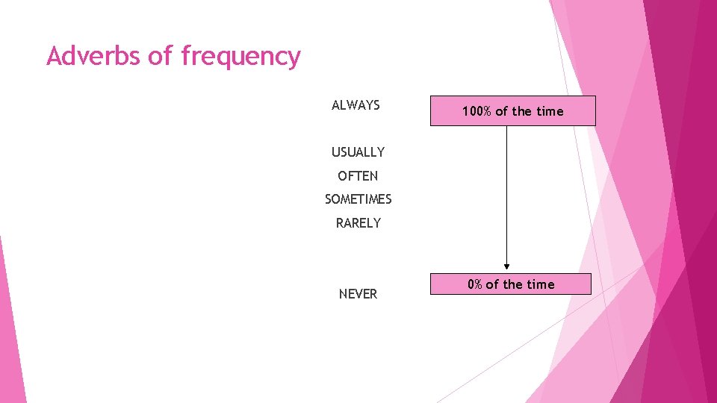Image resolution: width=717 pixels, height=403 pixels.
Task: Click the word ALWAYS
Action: click(x=356, y=105)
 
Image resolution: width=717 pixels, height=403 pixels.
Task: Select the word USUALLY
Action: click(x=358, y=152)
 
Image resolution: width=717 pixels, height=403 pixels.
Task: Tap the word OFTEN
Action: click(x=358, y=176)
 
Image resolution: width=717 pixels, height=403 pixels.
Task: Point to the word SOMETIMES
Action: click(x=358, y=199)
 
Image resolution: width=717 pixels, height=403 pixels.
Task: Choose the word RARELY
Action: click(x=358, y=223)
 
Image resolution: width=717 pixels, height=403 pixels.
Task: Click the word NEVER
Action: click(x=358, y=294)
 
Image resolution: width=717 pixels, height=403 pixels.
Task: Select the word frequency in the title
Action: click(x=240, y=57)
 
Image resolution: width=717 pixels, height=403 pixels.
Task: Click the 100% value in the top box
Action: click(x=477, y=111)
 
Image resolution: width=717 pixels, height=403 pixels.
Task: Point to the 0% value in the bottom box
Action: click(x=475, y=284)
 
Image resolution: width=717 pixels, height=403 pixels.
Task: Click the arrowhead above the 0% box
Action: click(x=506, y=266)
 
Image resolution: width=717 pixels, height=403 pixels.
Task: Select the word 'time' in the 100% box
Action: click(x=550, y=111)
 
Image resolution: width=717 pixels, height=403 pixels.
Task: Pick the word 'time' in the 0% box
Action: click(x=541, y=284)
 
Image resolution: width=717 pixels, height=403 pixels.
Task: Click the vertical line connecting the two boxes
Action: click(x=506, y=194)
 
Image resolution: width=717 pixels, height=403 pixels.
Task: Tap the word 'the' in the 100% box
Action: click(x=523, y=111)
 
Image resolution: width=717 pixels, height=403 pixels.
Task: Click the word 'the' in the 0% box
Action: click(x=514, y=284)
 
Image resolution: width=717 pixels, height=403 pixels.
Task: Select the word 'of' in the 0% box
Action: click(x=492, y=284)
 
